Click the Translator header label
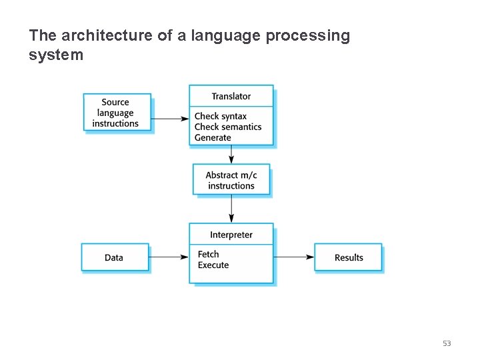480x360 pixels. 231,96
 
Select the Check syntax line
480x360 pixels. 220,116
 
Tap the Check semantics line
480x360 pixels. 227,127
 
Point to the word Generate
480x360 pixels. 213,138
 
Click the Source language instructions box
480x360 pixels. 116,113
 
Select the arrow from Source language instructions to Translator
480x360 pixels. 170,119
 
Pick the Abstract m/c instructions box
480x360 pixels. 231,180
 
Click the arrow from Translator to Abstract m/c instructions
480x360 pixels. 231,155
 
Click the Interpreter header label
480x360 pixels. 231,235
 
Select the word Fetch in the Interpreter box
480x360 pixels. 208,254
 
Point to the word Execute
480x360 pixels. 213,265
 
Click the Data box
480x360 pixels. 114,257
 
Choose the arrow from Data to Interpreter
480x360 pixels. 168,257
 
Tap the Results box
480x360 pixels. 349,257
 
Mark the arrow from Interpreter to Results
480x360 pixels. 293,257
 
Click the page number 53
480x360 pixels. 447,343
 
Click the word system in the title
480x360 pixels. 56,55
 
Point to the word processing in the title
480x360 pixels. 307,36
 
